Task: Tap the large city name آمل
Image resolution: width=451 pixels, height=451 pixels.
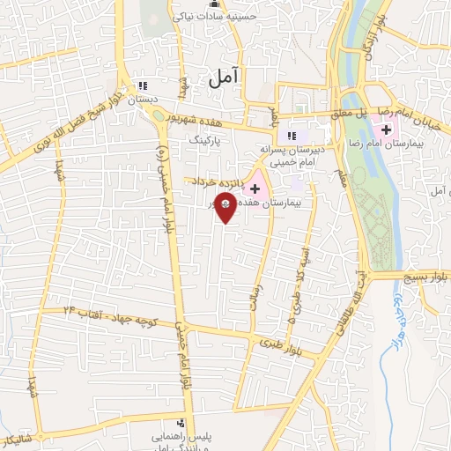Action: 225,79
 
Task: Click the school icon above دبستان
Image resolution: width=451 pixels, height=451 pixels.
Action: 142,85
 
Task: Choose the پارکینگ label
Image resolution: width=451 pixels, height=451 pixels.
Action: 226,139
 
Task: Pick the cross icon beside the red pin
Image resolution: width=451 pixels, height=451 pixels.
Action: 255,189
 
